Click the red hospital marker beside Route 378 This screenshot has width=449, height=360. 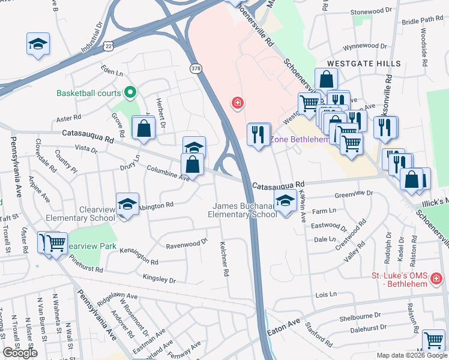point(238,104)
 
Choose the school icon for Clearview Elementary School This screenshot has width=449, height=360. point(127,205)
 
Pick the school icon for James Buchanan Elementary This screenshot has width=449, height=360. point(285,202)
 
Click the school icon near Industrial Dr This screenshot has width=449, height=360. point(38,44)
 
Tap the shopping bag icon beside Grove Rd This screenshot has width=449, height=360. point(144,128)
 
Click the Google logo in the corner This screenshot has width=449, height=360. point(20,353)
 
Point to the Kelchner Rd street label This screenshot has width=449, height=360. point(223,264)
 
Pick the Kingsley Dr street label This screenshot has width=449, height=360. point(159,278)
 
